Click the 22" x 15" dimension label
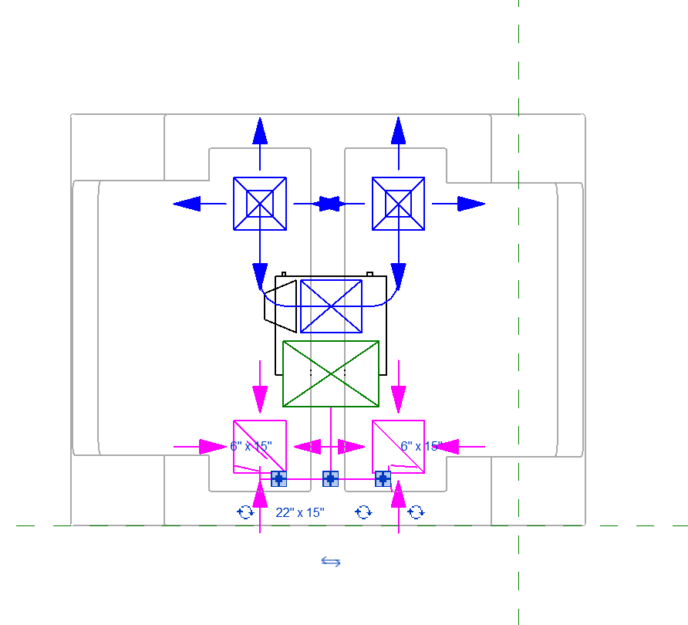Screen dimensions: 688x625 point(300,512)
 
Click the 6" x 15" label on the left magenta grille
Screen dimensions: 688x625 point(251,446)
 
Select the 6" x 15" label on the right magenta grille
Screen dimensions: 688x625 point(421,446)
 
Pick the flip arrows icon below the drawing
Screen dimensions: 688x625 point(331,562)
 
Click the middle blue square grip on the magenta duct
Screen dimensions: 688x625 point(330,479)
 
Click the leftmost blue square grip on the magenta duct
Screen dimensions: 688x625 point(278,479)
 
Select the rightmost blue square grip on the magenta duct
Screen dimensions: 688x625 point(383,479)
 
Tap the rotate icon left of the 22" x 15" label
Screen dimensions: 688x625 point(245,512)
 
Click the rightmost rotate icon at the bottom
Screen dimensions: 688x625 point(416,512)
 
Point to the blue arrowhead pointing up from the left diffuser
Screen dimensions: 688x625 point(260,130)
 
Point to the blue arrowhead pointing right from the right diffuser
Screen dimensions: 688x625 point(471,204)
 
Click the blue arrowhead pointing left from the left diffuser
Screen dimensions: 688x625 point(187,204)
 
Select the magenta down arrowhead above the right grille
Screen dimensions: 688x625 point(399,400)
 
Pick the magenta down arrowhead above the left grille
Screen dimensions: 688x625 point(260,400)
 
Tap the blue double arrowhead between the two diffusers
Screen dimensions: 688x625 point(329,204)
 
